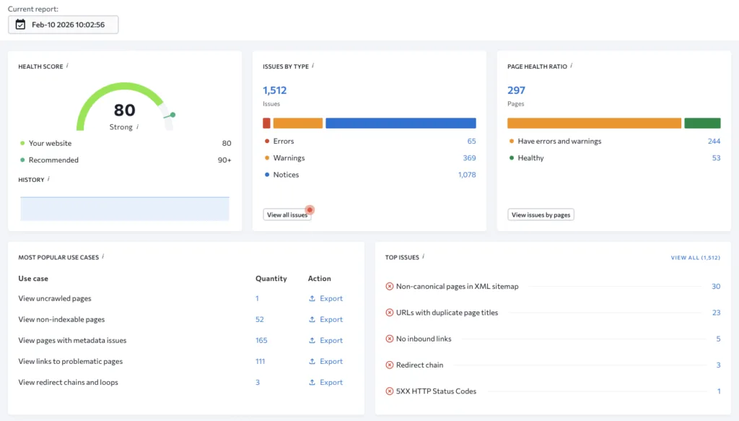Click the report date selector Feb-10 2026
[x=64, y=25]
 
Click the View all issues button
[x=287, y=214]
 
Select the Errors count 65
[x=471, y=142]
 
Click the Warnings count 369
[x=469, y=158]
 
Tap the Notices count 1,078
[x=467, y=175]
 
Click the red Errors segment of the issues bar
[x=266, y=123]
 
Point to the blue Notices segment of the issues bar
[x=401, y=123]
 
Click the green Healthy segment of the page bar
[x=702, y=123]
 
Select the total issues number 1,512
[x=274, y=90]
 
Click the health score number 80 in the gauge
[x=124, y=110]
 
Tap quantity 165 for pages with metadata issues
[x=261, y=340]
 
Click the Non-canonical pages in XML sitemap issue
[x=457, y=287]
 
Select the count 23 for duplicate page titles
[x=716, y=313]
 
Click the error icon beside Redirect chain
[x=390, y=365]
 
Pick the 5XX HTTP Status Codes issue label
[x=436, y=391]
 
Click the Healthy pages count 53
[x=716, y=158]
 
